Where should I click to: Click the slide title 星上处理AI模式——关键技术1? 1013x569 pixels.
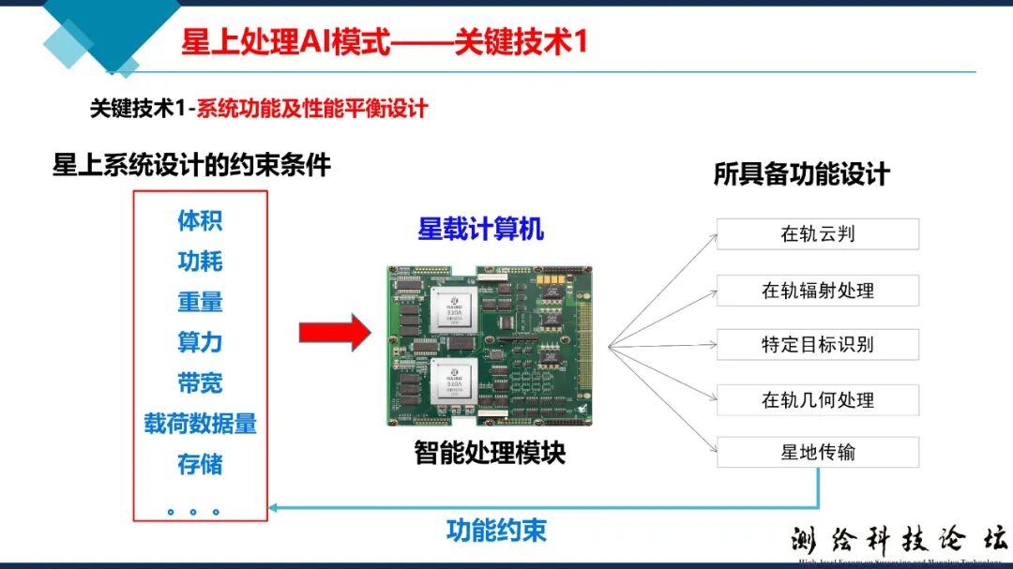[384, 42]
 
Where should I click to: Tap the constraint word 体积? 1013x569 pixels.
[200, 221]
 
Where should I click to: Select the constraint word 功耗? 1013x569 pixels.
[200, 262]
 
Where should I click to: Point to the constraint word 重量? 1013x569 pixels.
[200, 302]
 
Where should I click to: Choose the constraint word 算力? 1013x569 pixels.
[200, 342]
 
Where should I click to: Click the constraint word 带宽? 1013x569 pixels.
[200, 382]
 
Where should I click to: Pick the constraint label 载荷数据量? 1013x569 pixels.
[200, 424]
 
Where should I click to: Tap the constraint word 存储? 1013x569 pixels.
[200, 464]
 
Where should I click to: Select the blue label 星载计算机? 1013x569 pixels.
[480, 229]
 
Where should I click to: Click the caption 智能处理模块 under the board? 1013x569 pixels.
[490, 453]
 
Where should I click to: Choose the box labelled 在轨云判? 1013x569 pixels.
[817, 234]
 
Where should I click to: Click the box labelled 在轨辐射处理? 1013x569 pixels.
[817, 290]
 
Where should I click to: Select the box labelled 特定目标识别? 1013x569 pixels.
[817, 344]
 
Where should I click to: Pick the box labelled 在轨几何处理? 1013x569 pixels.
[817, 399]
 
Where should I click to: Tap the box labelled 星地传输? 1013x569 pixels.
[817, 453]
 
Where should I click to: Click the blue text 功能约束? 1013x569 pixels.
[496, 531]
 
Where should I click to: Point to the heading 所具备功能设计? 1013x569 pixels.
[801, 174]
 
